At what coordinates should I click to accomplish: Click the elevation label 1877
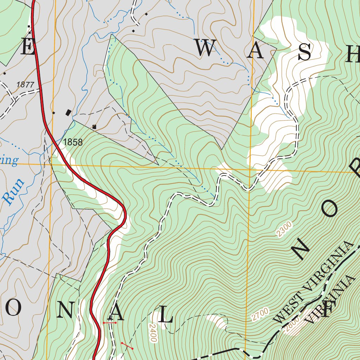tap(25, 85)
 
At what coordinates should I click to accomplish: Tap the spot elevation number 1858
tap(73, 142)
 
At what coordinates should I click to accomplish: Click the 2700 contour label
tap(260, 314)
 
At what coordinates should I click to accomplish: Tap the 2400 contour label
tap(153, 333)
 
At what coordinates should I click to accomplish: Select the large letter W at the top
tap(205, 49)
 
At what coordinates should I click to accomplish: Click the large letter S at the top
tap(304, 53)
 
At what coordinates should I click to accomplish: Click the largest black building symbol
tap(69, 112)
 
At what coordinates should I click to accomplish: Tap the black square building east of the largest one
tap(94, 127)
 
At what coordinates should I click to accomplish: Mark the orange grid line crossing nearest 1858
tap(52, 164)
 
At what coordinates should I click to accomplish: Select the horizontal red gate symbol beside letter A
tap(109, 322)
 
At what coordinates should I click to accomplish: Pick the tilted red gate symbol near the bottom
tap(127, 346)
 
